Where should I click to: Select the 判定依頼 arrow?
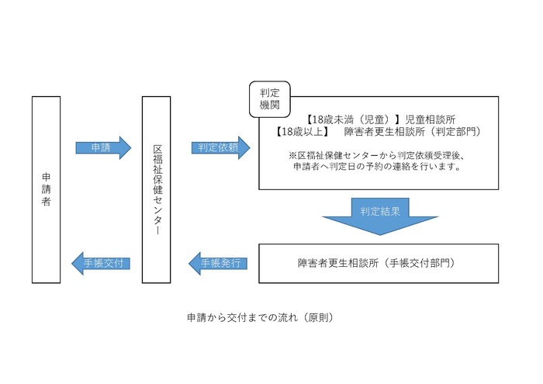pyautogui.click(x=220, y=147)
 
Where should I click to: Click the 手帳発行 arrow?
pyautogui.click(x=220, y=263)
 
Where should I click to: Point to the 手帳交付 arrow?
pyautogui.click(x=102, y=263)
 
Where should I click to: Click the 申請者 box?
pyautogui.click(x=46, y=189)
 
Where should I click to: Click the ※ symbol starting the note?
pyautogui.click(x=292, y=155)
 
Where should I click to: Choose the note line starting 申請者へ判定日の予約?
pyautogui.click(x=378, y=167)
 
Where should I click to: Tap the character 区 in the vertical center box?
pyautogui.click(x=157, y=148)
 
